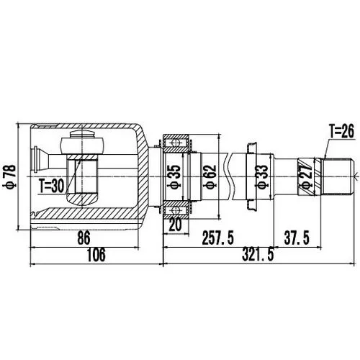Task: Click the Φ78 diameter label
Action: point(12,177)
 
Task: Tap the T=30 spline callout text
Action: point(52,186)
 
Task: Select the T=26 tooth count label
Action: point(341,132)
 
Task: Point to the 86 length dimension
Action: point(84,238)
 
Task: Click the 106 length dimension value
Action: point(96,255)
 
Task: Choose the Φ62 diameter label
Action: point(211,177)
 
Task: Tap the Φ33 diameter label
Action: point(262,177)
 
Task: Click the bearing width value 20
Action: point(175,225)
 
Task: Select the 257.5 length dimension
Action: point(218,238)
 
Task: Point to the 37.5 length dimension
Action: point(297,238)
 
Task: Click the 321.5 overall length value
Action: point(258,255)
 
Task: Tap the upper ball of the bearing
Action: point(176,143)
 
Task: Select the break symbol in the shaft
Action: point(229,177)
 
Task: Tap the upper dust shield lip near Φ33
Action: point(252,148)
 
